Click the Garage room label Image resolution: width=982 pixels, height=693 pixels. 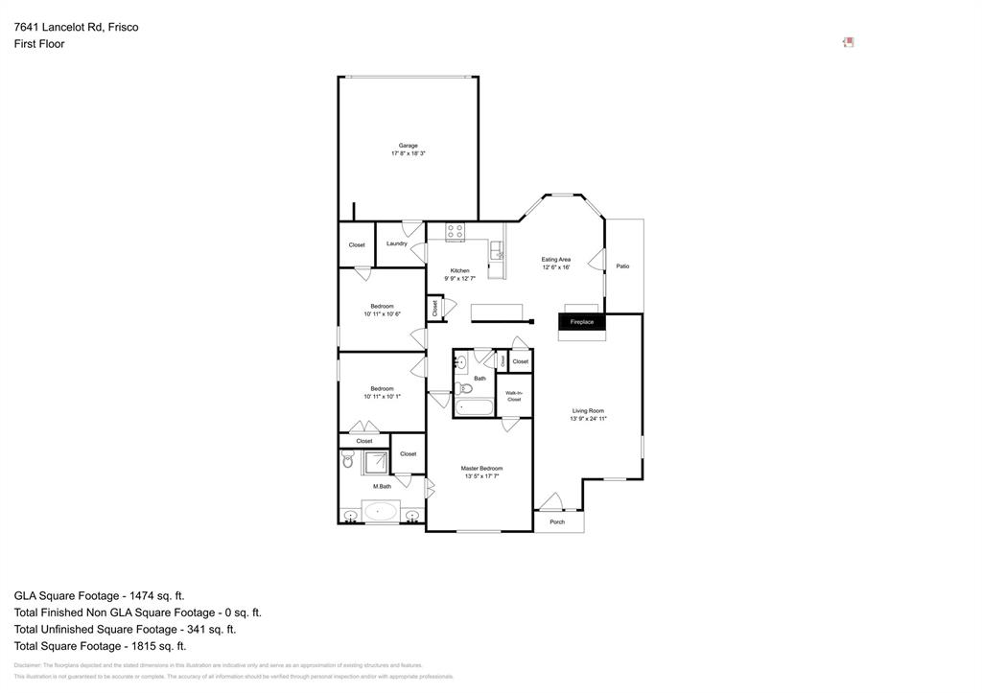pos(408,146)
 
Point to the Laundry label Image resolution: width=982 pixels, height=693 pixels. pos(396,243)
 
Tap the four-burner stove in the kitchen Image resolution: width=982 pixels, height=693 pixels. pos(455,232)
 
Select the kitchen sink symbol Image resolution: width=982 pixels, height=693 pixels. pos(496,251)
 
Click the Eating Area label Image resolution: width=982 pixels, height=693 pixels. pos(555,260)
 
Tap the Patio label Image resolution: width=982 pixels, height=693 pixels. pos(622,266)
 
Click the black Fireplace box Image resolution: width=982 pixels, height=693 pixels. pos(582,322)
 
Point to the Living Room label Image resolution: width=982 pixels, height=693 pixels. pos(588,411)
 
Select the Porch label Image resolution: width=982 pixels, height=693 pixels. pos(557,522)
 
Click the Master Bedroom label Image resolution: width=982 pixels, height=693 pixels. pos(481,469)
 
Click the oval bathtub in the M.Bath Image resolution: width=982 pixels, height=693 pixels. pos(381,511)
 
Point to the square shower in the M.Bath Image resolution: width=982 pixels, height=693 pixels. pos(374,462)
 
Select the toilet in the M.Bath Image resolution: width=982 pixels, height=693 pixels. pos(348,461)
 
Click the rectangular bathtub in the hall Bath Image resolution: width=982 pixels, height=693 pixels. pos(474,406)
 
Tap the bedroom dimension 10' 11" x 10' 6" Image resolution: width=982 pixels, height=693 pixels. pos(382,314)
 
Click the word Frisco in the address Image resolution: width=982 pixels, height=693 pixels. pos(122,27)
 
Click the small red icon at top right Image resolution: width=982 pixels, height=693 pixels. pos(848,42)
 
